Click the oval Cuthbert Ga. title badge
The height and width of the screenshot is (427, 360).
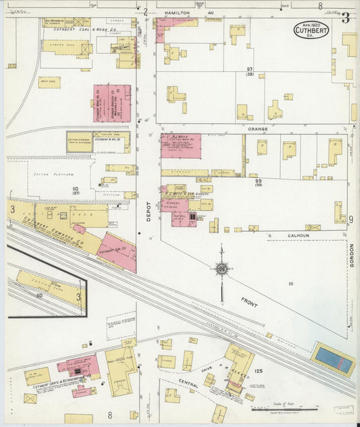311,30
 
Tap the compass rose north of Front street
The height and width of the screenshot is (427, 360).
222,270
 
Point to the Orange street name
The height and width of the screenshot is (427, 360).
257,128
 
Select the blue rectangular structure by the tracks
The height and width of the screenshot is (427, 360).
334,358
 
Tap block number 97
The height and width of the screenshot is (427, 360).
249,70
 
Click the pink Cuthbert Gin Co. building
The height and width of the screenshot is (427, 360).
118,252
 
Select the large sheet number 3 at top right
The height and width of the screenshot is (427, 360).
345,18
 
